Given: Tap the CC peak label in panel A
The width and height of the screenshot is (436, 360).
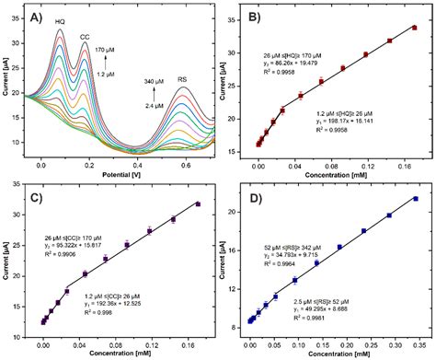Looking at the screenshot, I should click(x=85, y=37).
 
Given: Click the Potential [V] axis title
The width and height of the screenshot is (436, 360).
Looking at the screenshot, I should click(x=122, y=175).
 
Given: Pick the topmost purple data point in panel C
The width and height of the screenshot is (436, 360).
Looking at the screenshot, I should click(x=198, y=203).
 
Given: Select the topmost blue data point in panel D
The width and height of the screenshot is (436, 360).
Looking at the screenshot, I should click(x=415, y=198).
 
